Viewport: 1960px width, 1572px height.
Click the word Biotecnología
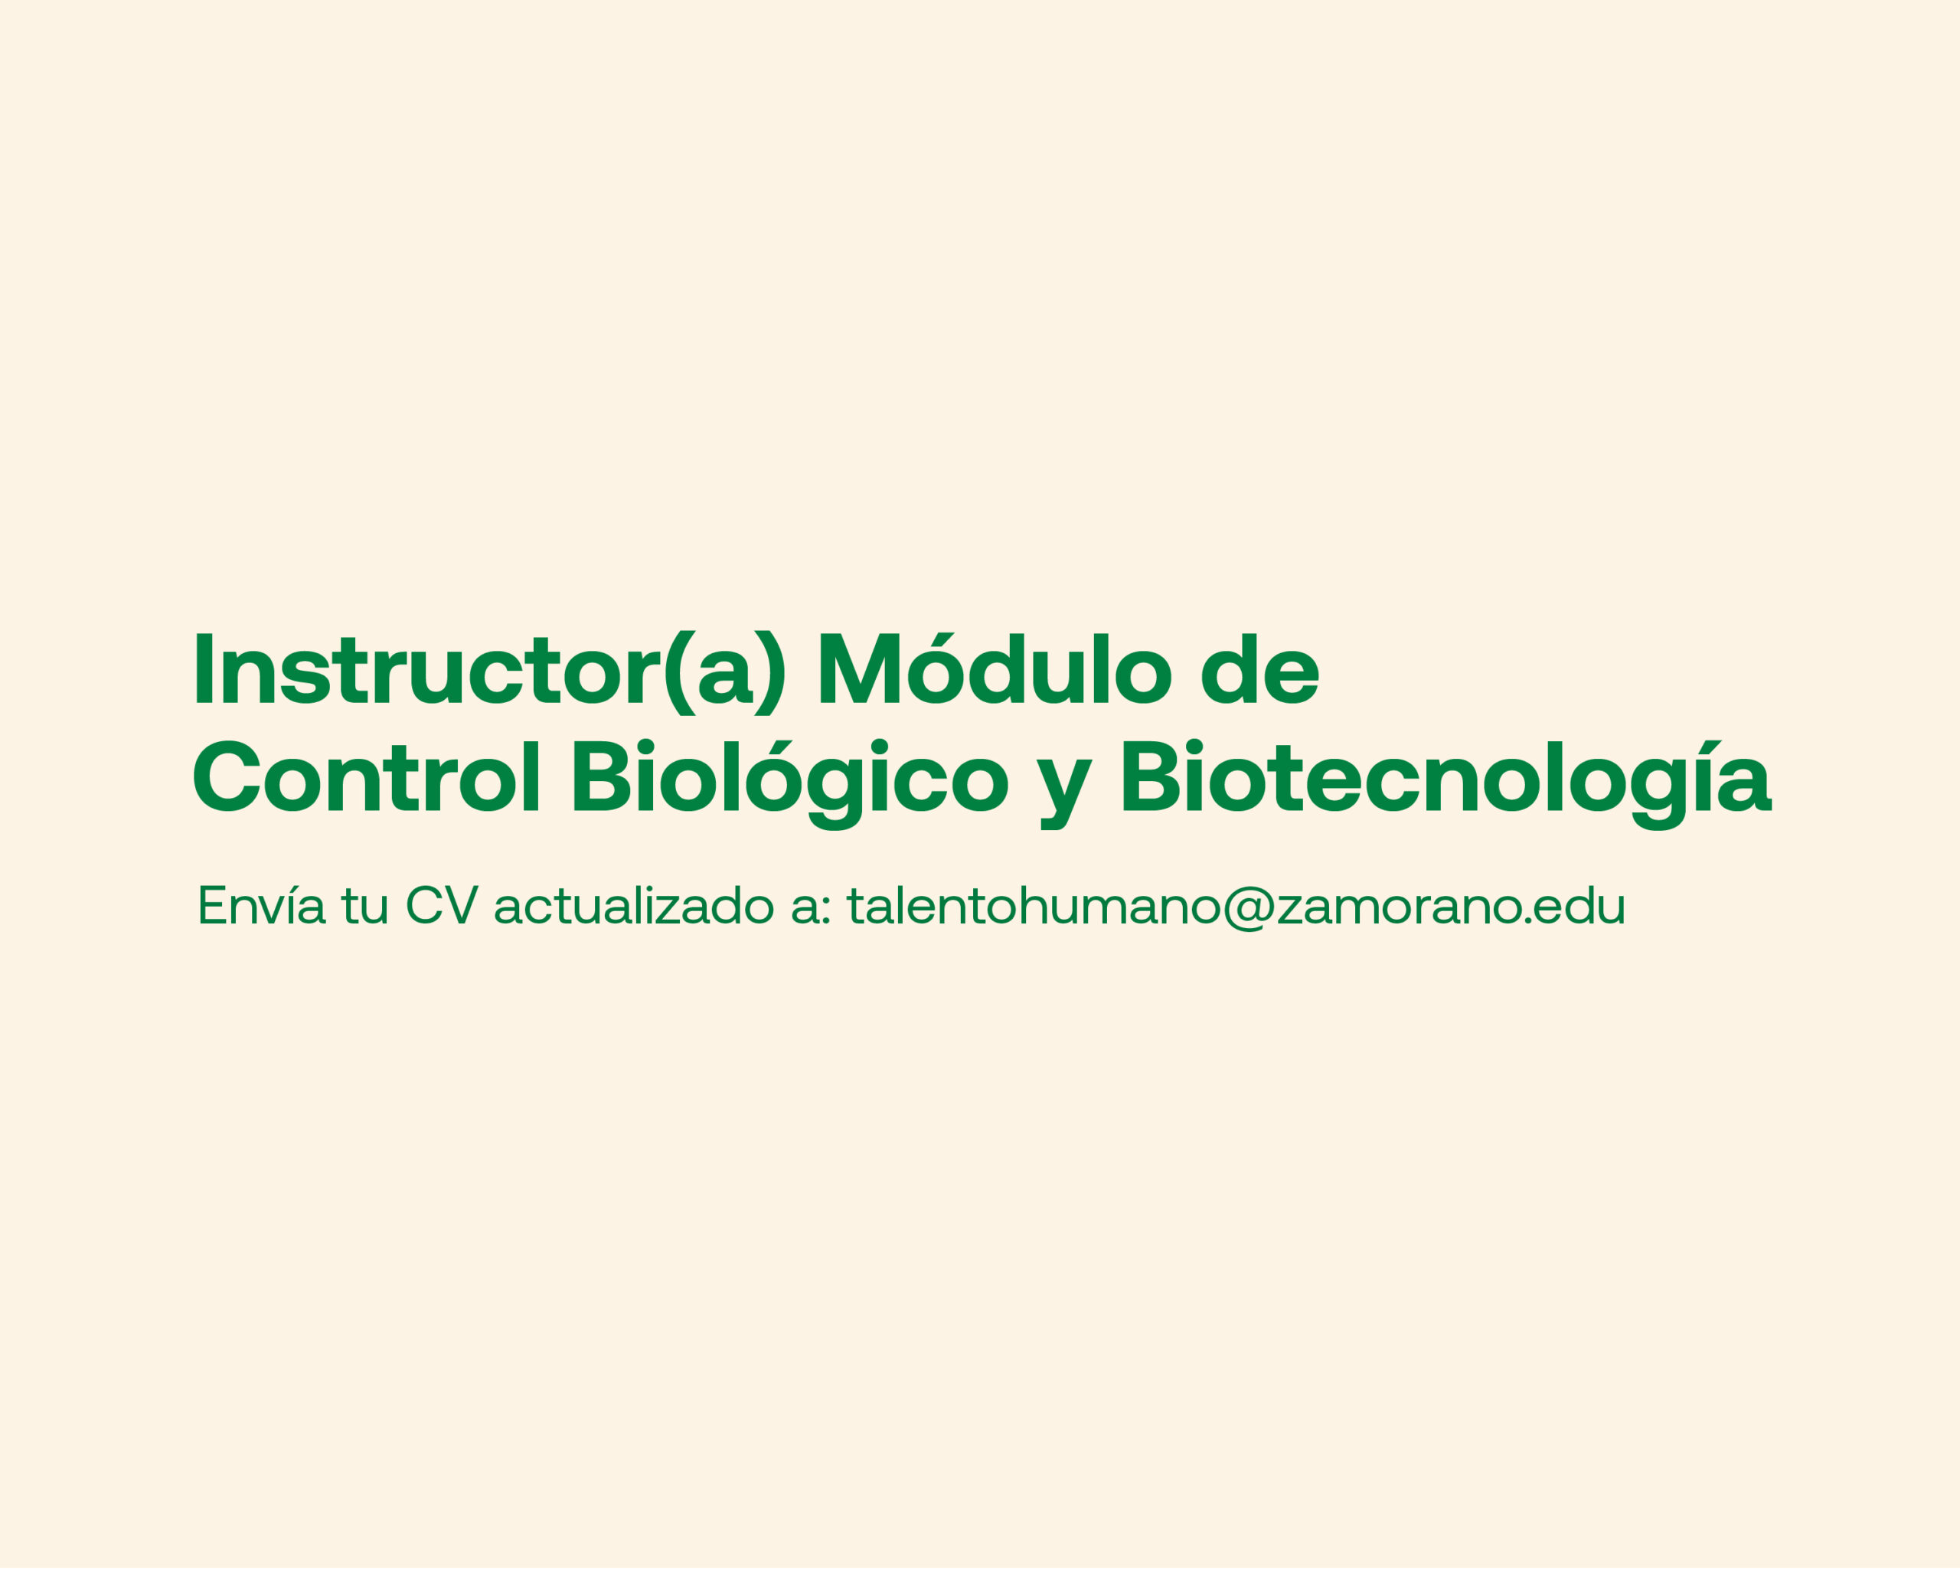pos(1446,785)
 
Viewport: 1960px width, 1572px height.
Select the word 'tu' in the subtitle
pos(365,906)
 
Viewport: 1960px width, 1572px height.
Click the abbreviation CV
pos(442,906)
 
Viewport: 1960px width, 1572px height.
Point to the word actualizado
pos(634,906)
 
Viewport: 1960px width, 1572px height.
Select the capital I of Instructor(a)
pos(204,668)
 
